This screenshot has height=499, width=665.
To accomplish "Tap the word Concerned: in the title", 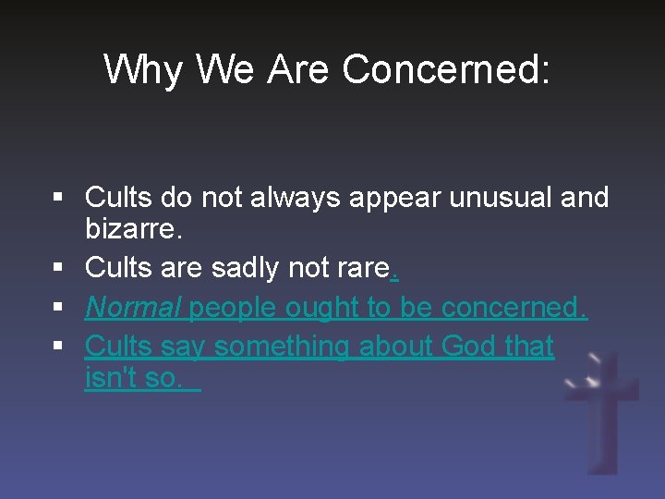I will coord(446,69).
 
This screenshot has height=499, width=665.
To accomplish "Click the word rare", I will coord(364,268).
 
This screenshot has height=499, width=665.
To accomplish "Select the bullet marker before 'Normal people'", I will coord(58,308).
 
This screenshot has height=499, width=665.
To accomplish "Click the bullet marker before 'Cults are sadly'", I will coord(58,268).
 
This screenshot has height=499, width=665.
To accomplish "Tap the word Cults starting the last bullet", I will coord(117,347).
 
